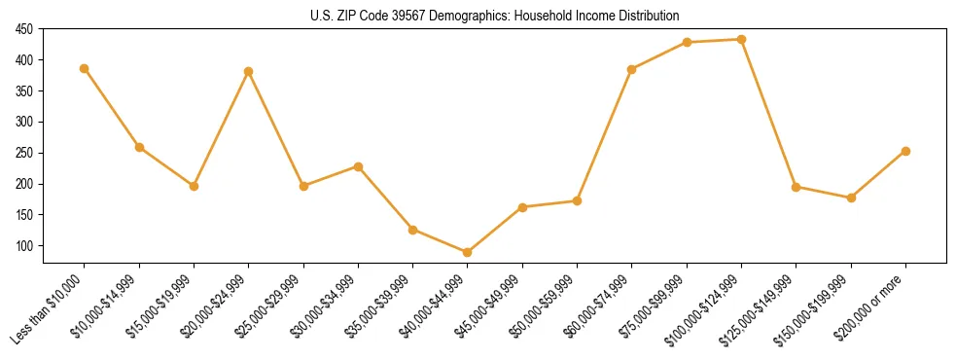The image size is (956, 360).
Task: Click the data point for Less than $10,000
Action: pos(85,68)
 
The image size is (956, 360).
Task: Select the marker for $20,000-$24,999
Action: pos(249,71)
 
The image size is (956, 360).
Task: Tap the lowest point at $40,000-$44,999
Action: pos(468,252)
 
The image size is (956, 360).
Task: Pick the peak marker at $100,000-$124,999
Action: pos(741,39)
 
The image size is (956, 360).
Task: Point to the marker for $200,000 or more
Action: pos(905,151)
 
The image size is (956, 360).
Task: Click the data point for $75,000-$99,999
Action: pos(687,42)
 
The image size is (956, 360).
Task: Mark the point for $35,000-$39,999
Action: pos(413,230)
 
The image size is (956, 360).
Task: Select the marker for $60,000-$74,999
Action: pos(632,69)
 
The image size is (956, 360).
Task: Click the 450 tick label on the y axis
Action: pos(24,29)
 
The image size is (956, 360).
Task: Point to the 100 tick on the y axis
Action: pos(24,246)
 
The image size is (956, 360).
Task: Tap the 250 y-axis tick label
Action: pos(24,153)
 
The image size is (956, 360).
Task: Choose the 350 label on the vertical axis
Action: pos(24,91)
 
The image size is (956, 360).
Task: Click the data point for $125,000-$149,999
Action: pos(796,187)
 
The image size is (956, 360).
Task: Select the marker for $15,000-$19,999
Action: pos(194,186)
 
